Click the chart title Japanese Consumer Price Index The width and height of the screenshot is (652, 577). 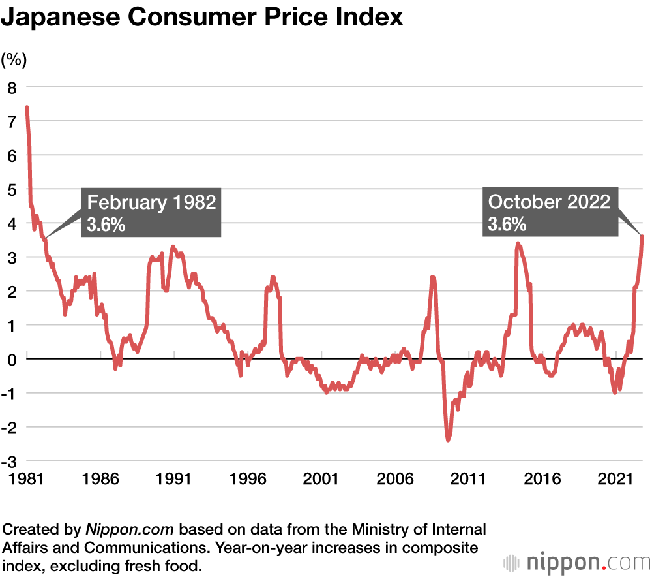pos(201,18)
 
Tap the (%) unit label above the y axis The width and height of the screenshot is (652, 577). pos(14,60)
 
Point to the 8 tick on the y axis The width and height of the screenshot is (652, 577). pos(12,87)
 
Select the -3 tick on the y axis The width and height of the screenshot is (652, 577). pos(9,461)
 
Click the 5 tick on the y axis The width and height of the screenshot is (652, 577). pos(12,189)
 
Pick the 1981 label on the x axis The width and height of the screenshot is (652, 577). pos(26,480)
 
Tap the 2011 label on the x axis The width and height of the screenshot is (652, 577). pos(470,480)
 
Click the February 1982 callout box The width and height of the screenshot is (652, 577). pos(151,212)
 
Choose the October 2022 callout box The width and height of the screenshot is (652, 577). pos(550,212)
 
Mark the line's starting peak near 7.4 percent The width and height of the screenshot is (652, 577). pos(27,108)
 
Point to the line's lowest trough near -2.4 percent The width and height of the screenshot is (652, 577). pos(448,439)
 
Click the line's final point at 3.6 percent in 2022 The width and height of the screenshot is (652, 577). pos(642,236)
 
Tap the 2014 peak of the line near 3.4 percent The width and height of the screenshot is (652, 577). pos(518,243)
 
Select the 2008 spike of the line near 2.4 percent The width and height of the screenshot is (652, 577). pos(432,277)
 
